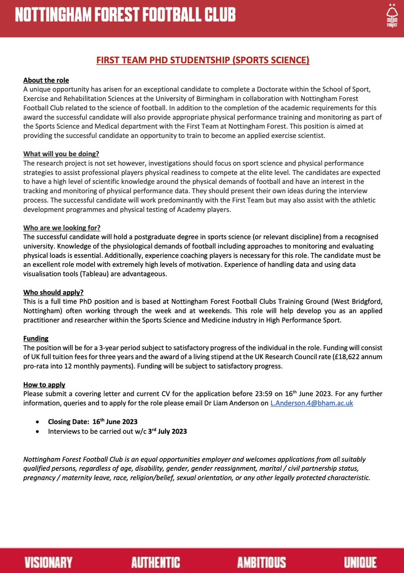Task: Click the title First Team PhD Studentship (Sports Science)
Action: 203,60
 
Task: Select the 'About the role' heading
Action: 46,81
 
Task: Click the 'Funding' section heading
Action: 36,338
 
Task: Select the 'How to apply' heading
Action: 44,385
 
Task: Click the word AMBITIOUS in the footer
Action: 261,562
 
